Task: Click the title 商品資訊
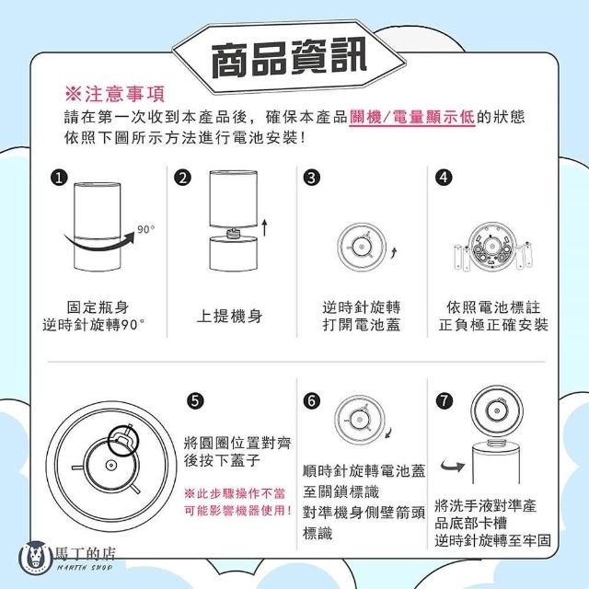(x=288, y=58)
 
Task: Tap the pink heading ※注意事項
(x=115, y=94)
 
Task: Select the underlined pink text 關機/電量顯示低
(x=412, y=117)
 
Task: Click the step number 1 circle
(x=59, y=178)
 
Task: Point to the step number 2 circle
(x=183, y=178)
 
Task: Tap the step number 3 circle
(x=312, y=178)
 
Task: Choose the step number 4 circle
(x=444, y=178)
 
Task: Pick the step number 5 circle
(x=195, y=401)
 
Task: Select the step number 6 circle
(x=312, y=401)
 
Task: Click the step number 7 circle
(x=445, y=401)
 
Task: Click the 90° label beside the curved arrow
(x=145, y=229)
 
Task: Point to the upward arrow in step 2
(x=265, y=227)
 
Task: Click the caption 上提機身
(x=230, y=316)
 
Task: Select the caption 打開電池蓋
(x=362, y=325)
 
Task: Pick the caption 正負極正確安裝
(x=493, y=325)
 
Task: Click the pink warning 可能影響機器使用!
(x=238, y=511)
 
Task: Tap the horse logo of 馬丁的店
(x=36, y=558)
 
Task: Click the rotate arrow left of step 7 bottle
(x=453, y=467)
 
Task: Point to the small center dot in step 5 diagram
(x=110, y=465)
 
